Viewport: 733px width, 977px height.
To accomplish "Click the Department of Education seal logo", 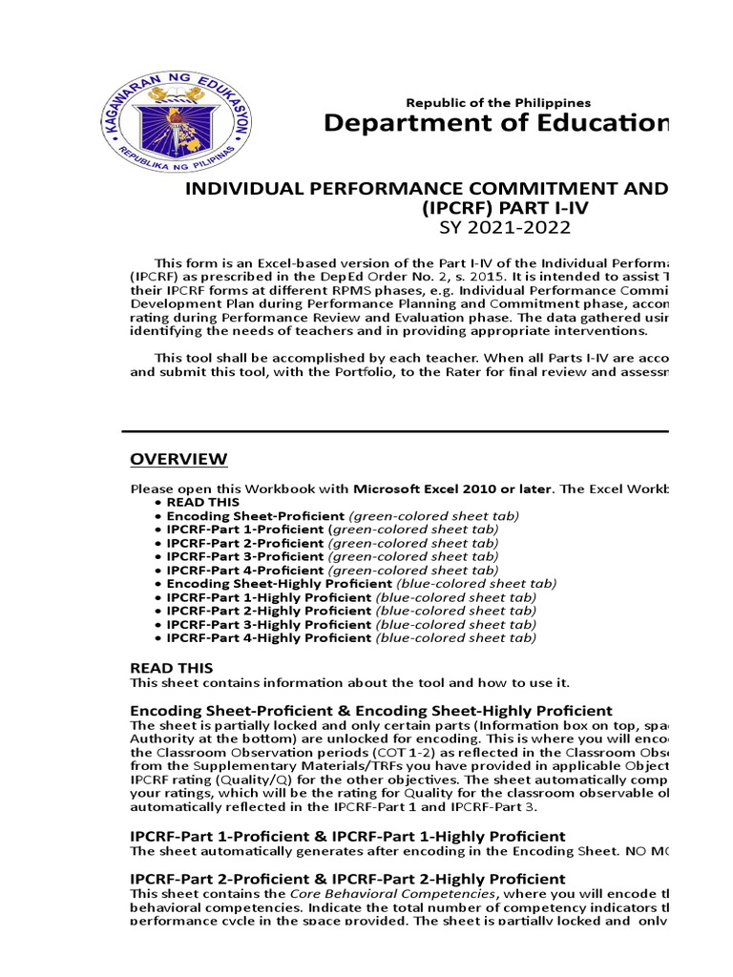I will pos(176,118).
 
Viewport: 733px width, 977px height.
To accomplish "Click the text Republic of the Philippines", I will pos(498,102).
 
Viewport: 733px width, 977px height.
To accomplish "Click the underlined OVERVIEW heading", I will pos(178,460).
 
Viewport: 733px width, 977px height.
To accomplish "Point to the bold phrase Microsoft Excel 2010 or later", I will pos(453,488).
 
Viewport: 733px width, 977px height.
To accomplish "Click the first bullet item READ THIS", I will pos(203,502).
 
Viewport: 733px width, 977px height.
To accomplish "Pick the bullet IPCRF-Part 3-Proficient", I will pos(244,556).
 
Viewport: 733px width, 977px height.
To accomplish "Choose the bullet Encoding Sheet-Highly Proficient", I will pos(279,583).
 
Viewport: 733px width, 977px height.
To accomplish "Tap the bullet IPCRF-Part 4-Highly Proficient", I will pos(268,637).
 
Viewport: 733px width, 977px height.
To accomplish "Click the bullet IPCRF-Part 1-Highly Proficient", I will pos(268,597).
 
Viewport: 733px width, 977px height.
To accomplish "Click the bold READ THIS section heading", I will pos(172,668).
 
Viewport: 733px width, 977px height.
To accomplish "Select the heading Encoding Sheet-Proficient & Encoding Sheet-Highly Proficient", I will pos(370,710).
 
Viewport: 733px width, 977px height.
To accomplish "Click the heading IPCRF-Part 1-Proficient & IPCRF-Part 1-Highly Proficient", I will pos(347,836).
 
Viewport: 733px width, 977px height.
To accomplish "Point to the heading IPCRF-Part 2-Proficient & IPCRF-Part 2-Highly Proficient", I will pos(347,878).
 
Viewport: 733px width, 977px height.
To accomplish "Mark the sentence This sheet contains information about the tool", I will pos(348,682).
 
